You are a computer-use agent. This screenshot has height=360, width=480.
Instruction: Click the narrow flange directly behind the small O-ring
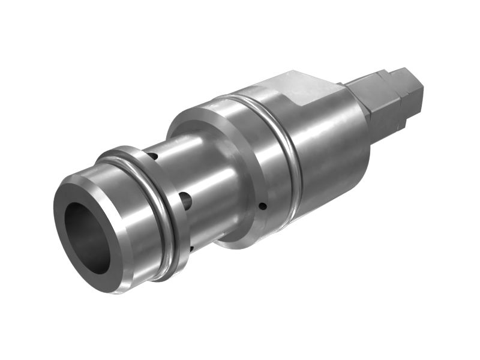coord(174,198)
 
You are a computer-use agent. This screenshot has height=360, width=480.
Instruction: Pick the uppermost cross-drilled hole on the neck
coord(154,157)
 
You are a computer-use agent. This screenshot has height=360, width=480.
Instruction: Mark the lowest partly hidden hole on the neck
coord(191,248)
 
